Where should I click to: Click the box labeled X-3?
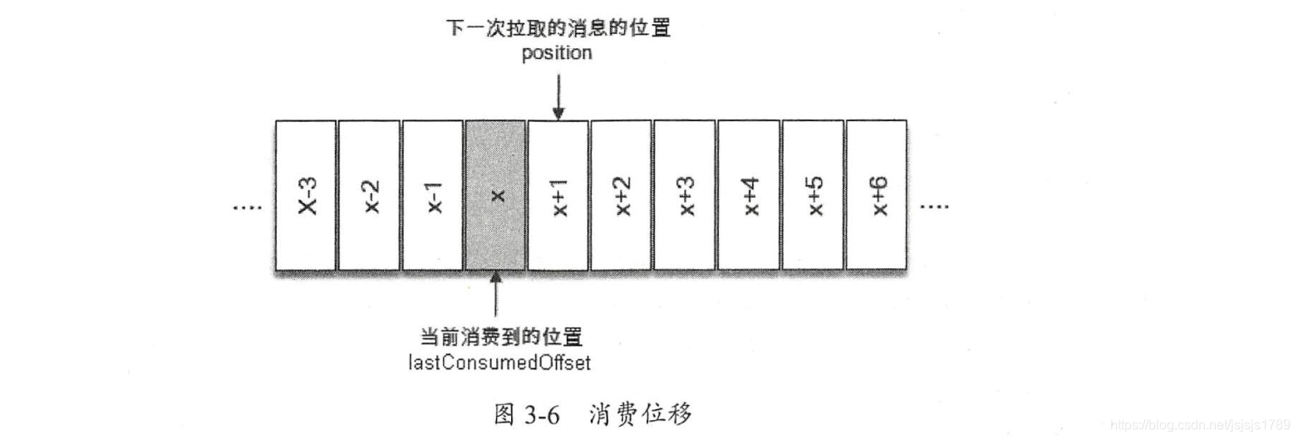[306, 196]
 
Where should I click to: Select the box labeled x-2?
[369, 196]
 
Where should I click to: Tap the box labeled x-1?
[432, 196]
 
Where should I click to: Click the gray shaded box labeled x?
[495, 196]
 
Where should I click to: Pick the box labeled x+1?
[558, 196]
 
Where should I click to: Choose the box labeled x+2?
[622, 196]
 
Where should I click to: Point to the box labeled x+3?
[685, 196]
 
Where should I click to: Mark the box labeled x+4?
[749, 196]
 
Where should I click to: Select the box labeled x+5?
[813, 196]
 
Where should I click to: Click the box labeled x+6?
[876, 196]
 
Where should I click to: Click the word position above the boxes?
[558, 54]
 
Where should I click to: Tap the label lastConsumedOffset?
[499, 362]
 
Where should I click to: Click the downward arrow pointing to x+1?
[558, 95]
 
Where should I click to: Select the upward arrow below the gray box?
[496, 299]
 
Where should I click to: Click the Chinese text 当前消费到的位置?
[499, 338]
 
